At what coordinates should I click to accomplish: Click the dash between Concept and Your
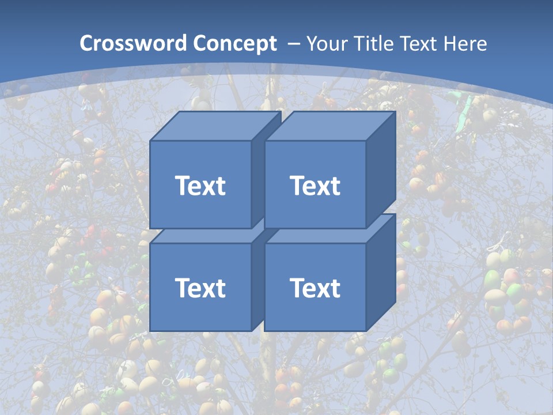point(293,43)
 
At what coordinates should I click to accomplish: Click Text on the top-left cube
point(200,186)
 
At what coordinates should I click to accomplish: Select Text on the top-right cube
point(315,186)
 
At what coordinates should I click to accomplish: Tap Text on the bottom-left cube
point(200,288)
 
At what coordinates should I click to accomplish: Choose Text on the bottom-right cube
point(315,288)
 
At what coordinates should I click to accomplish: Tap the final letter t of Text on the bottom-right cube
point(335,288)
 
